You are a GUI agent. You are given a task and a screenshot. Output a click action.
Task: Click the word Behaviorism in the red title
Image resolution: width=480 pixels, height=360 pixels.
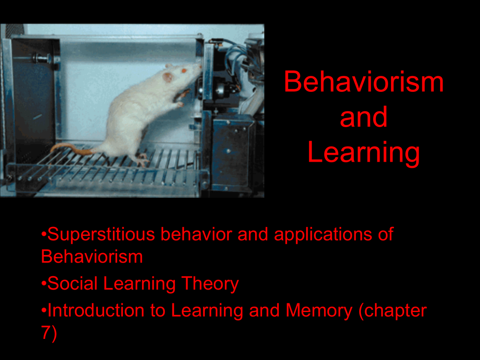pyautogui.click(x=364, y=82)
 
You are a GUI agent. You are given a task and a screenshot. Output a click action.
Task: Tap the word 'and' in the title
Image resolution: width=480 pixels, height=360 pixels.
pyautogui.click(x=364, y=117)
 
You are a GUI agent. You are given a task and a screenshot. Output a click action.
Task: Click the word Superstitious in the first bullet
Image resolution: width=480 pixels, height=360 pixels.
pyautogui.click(x=101, y=234)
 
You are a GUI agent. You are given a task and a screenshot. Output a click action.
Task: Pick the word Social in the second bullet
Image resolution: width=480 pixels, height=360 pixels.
pyautogui.click(x=73, y=283)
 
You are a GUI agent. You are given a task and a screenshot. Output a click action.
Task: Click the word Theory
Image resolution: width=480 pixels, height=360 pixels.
pyautogui.click(x=210, y=284)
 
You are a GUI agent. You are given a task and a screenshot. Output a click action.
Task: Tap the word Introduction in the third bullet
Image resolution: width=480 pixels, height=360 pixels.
pyautogui.click(x=96, y=310)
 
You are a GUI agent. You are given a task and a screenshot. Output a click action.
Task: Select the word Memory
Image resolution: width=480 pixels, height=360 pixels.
pyautogui.click(x=319, y=311)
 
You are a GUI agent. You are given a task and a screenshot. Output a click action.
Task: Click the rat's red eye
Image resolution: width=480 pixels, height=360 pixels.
pyautogui.click(x=184, y=71)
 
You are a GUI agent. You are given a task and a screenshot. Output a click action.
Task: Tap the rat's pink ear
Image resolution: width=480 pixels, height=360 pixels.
pyautogui.click(x=167, y=76)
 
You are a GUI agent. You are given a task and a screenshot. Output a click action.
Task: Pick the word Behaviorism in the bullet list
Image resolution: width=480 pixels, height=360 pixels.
pyautogui.click(x=92, y=256)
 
